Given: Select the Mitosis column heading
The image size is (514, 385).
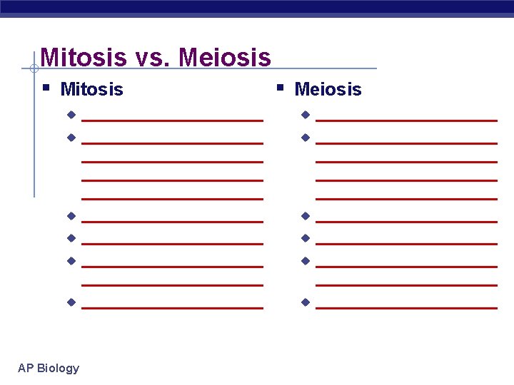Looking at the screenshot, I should (91, 89).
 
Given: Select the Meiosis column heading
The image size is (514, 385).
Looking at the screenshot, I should (328, 89).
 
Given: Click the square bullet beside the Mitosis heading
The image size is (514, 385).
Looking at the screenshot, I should (46, 88).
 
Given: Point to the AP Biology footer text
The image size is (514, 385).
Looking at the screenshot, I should (49, 368).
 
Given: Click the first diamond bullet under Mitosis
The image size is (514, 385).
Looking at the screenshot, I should (71, 115).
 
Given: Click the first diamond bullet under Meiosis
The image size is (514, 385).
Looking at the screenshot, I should (305, 115).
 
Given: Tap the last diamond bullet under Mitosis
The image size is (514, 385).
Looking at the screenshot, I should (71, 302).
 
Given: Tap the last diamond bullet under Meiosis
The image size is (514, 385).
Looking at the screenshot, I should (305, 302).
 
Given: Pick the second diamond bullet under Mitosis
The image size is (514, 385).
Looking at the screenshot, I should (71, 137).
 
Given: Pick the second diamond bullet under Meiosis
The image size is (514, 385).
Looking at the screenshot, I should (305, 137).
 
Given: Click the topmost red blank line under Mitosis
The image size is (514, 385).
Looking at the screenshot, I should (172, 121).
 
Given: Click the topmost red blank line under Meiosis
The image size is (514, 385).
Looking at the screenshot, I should (406, 121).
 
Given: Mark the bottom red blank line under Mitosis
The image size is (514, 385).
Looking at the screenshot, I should (172, 308).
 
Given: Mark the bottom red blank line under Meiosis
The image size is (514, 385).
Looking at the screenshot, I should (406, 308).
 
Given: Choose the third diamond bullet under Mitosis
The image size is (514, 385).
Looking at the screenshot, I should (71, 215).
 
